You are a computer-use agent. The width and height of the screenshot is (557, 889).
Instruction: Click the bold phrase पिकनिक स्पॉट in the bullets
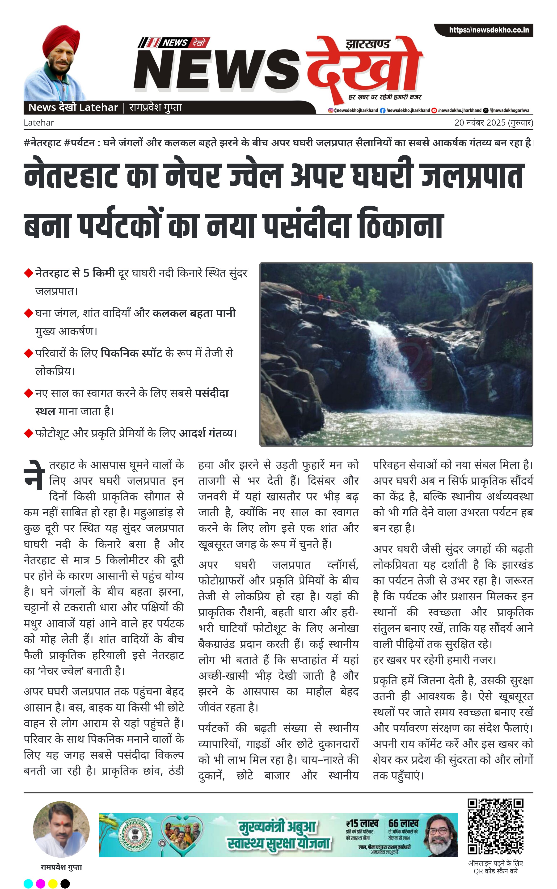131,353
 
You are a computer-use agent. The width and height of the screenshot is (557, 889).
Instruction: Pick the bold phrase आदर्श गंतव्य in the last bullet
206,433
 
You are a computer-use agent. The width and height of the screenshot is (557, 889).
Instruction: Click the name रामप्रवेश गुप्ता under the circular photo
61,867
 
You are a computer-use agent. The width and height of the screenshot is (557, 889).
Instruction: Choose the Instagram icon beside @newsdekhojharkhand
330,110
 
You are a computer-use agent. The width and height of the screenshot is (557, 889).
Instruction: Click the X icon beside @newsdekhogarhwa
485,110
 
